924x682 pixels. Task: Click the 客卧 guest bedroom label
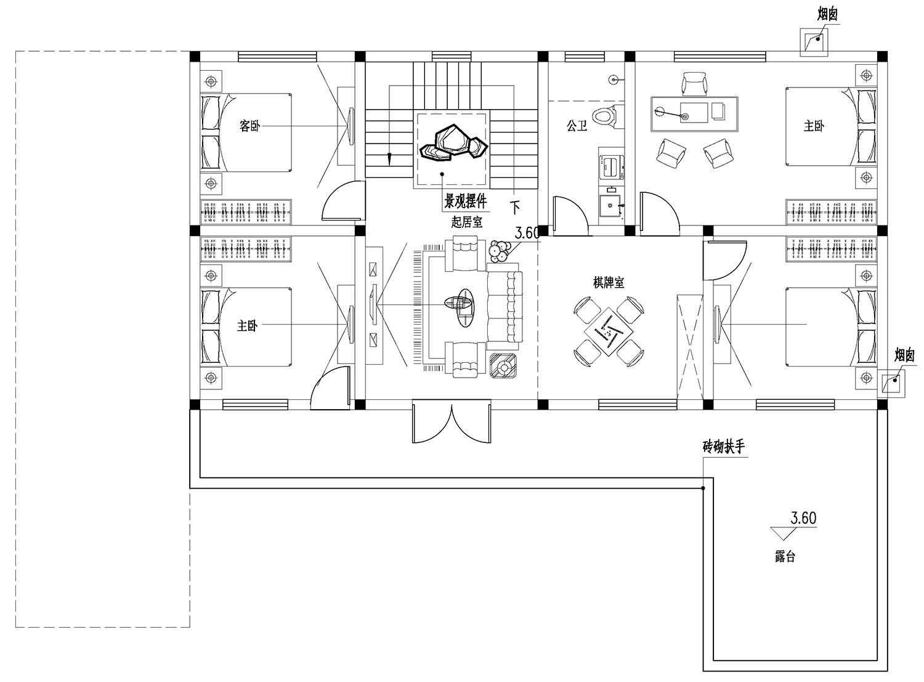click(249, 126)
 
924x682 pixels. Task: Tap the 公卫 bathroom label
click(577, 126)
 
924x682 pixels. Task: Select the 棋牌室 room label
click(609, 283)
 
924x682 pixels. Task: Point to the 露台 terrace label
click(785, 556)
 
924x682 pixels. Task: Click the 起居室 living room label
click(466, 222)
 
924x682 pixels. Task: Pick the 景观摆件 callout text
click(465, 201)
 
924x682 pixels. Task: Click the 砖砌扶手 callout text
click(724, 447)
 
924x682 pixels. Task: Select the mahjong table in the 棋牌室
click(609, 331)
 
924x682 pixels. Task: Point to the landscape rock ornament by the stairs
click(453, 142)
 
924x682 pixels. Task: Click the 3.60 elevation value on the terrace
click(804, 518)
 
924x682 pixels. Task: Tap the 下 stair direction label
click(516, 207)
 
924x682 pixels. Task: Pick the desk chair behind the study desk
click(694, 84)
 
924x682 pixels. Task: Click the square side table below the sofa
click(503, 366)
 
